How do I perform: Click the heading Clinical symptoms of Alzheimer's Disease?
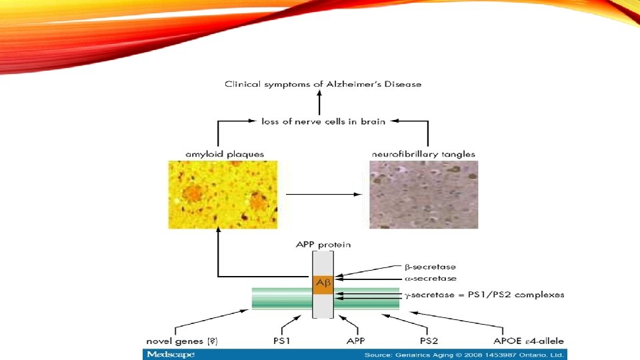click(x=323, y=84)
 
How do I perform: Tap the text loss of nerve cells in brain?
click(x=323, y=121)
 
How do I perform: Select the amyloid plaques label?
click(x=224, y=154)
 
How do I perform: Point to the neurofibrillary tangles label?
click(x=423, y=154)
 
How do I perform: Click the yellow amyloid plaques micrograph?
click(x=223, y=194)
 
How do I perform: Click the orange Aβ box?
click(x=323, y=283)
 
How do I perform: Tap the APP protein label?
click(x=323, y=245)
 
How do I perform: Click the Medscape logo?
click(x=171, y=354)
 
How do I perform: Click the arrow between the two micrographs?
click(x=323, y=195)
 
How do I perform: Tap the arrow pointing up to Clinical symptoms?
click(x=320, y=103)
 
